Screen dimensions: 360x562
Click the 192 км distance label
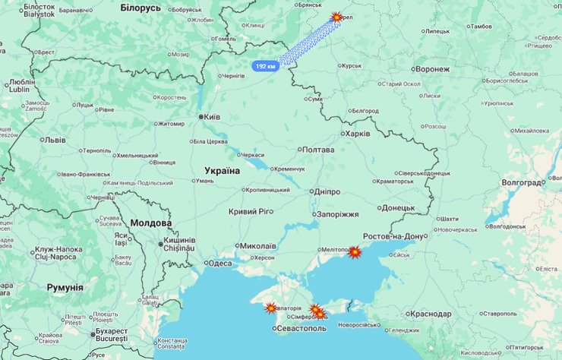click(x=265, y=66)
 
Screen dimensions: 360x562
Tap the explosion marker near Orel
click(x=337, y=17)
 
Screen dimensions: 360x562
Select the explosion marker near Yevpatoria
click(x=270, y=308)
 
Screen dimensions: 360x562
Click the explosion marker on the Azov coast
click(x=355, y=251)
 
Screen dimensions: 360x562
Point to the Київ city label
click(x=212, y=117)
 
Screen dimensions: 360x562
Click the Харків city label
click(x=357, y=134)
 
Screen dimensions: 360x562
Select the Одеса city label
click(x=219, y=264)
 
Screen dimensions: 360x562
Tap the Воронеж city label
click(x=433, y=69)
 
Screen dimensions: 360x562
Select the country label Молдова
click(x=151, y=223)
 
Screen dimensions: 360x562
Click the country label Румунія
click(x=65, y=287)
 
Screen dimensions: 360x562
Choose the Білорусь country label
click(x=140, y=8)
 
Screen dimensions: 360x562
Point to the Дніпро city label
click(x=325, y=192)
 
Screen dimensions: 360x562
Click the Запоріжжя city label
click(x=337, y=214)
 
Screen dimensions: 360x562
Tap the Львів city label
click(x=55, y=140)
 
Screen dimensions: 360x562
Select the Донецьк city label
click(x=398, y=207)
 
